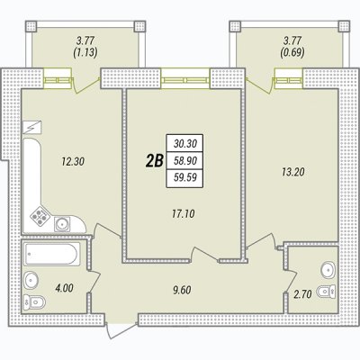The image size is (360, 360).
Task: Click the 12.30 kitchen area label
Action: click(73, 162)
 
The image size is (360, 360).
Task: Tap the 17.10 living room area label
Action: click(184, 214)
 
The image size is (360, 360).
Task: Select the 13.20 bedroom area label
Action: click(292, 172)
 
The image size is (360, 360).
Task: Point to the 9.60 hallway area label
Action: click(182, 290)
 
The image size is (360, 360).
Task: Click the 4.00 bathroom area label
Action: click(64, 288)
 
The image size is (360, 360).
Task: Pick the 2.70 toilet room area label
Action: click(302, 294)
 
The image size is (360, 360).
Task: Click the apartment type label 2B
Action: click(154, 161)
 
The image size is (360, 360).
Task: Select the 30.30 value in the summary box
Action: click(185, 144)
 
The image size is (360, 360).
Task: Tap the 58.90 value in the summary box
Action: click(185, 161)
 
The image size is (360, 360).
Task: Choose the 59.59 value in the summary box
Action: click(185, 178)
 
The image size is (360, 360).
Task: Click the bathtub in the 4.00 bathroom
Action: click(52, 254)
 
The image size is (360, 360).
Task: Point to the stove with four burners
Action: click(40, 215)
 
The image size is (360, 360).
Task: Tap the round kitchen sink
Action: click(62, 224)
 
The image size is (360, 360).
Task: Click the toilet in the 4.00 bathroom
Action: click(34, 301)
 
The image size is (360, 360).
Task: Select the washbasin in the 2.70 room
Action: click(328, 269)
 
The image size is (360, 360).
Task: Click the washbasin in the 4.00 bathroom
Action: click(31, 281)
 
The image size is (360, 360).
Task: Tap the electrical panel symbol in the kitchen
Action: click(32, 128)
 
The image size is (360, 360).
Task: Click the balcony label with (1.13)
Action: click(85, 47)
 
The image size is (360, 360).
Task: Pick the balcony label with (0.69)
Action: click(292, 47)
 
